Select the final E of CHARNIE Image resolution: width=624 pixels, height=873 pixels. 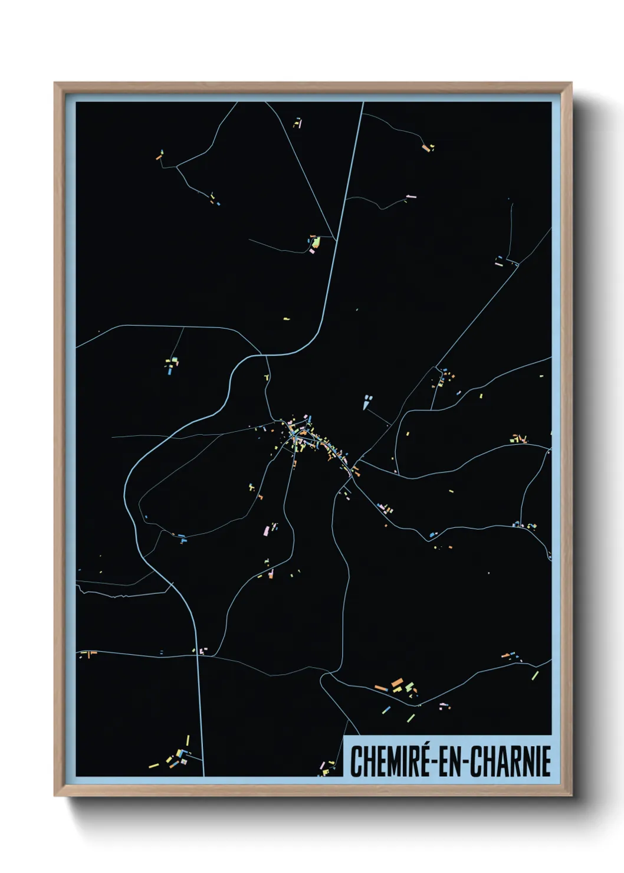[x=546, y=762]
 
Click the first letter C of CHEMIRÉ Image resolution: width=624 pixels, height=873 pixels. [x=356, y=762]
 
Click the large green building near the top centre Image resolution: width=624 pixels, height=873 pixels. [x=316, y=242]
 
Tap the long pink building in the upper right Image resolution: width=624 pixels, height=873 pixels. [x=411, y=196]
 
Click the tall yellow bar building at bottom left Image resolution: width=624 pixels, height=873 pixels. [x=188, y=740]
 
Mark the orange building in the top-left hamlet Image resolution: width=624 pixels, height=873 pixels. [x=159, y=157]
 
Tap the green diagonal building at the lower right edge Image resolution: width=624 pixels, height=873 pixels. [x=535, y=675]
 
